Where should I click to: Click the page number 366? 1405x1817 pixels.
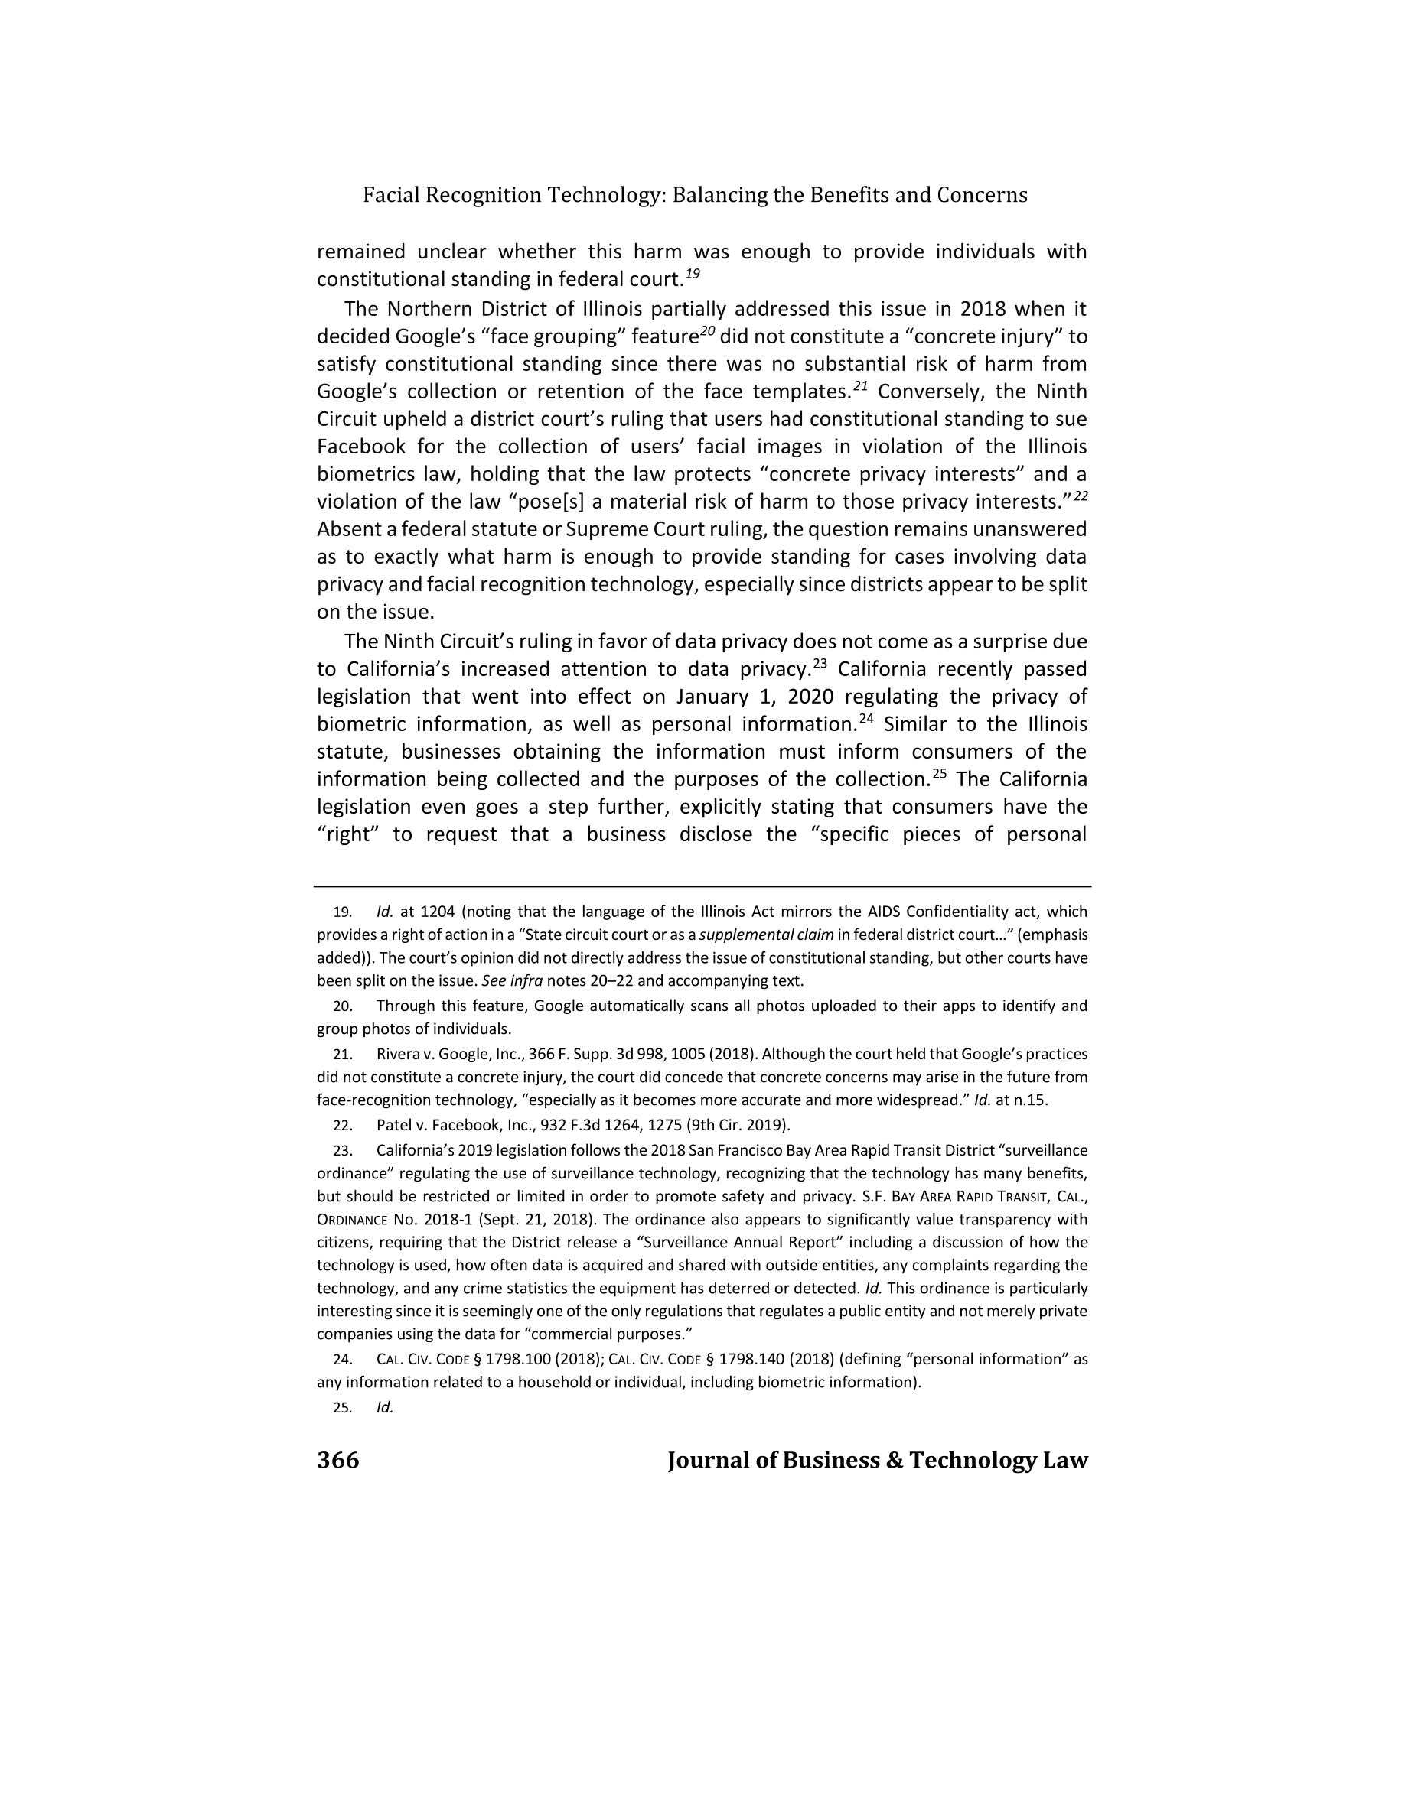(x=338, y=1460)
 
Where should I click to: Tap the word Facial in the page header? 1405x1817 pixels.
(x=390, y=196)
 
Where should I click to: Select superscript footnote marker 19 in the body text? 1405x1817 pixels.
(x=693, y=273)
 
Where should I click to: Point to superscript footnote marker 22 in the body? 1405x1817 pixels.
(x=1081, y=496)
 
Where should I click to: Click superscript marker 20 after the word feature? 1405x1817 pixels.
(x=706, y=330)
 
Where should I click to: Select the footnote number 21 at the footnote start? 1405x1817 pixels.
(x=342, y=1055)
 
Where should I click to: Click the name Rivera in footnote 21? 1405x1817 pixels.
(x=396, y=1055)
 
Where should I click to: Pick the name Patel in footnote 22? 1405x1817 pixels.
(x=393, y=1126)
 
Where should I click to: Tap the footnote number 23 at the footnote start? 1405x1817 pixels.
(x=342, y=1152)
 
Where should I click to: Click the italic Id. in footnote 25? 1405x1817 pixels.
(x=385, y=1408)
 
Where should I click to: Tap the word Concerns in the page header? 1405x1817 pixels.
(x=982, y=196)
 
